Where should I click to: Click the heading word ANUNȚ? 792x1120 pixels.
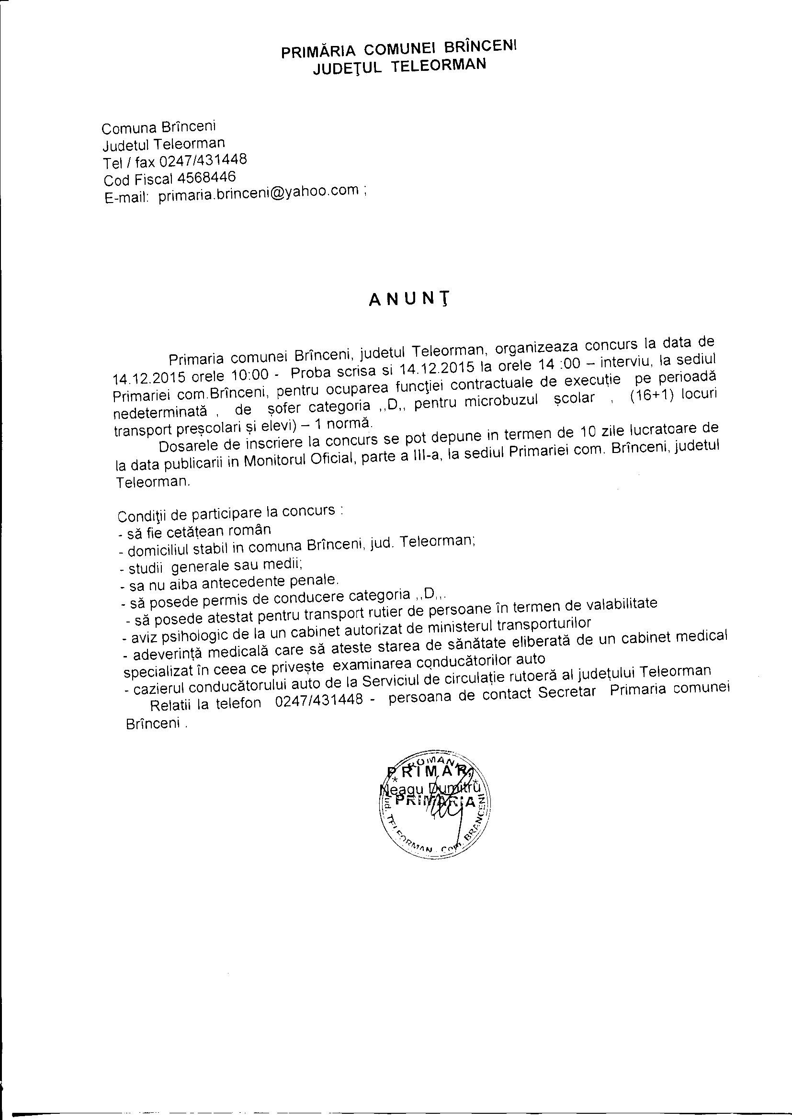(x=408, y=298)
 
